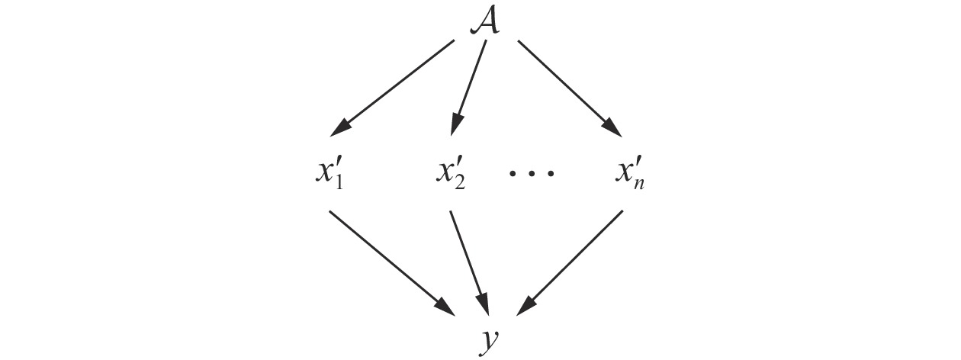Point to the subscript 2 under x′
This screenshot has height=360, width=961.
[x=459, y=183]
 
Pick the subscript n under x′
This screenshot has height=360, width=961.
[x=639, y=185]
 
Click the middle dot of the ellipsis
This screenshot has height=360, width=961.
[x=532, y=173]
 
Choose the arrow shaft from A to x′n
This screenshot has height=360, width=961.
[x=564, y=83]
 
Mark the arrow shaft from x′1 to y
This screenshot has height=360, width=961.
[x=385, y=256]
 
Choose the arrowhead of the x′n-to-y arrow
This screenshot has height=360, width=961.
[x=527, y=305]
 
